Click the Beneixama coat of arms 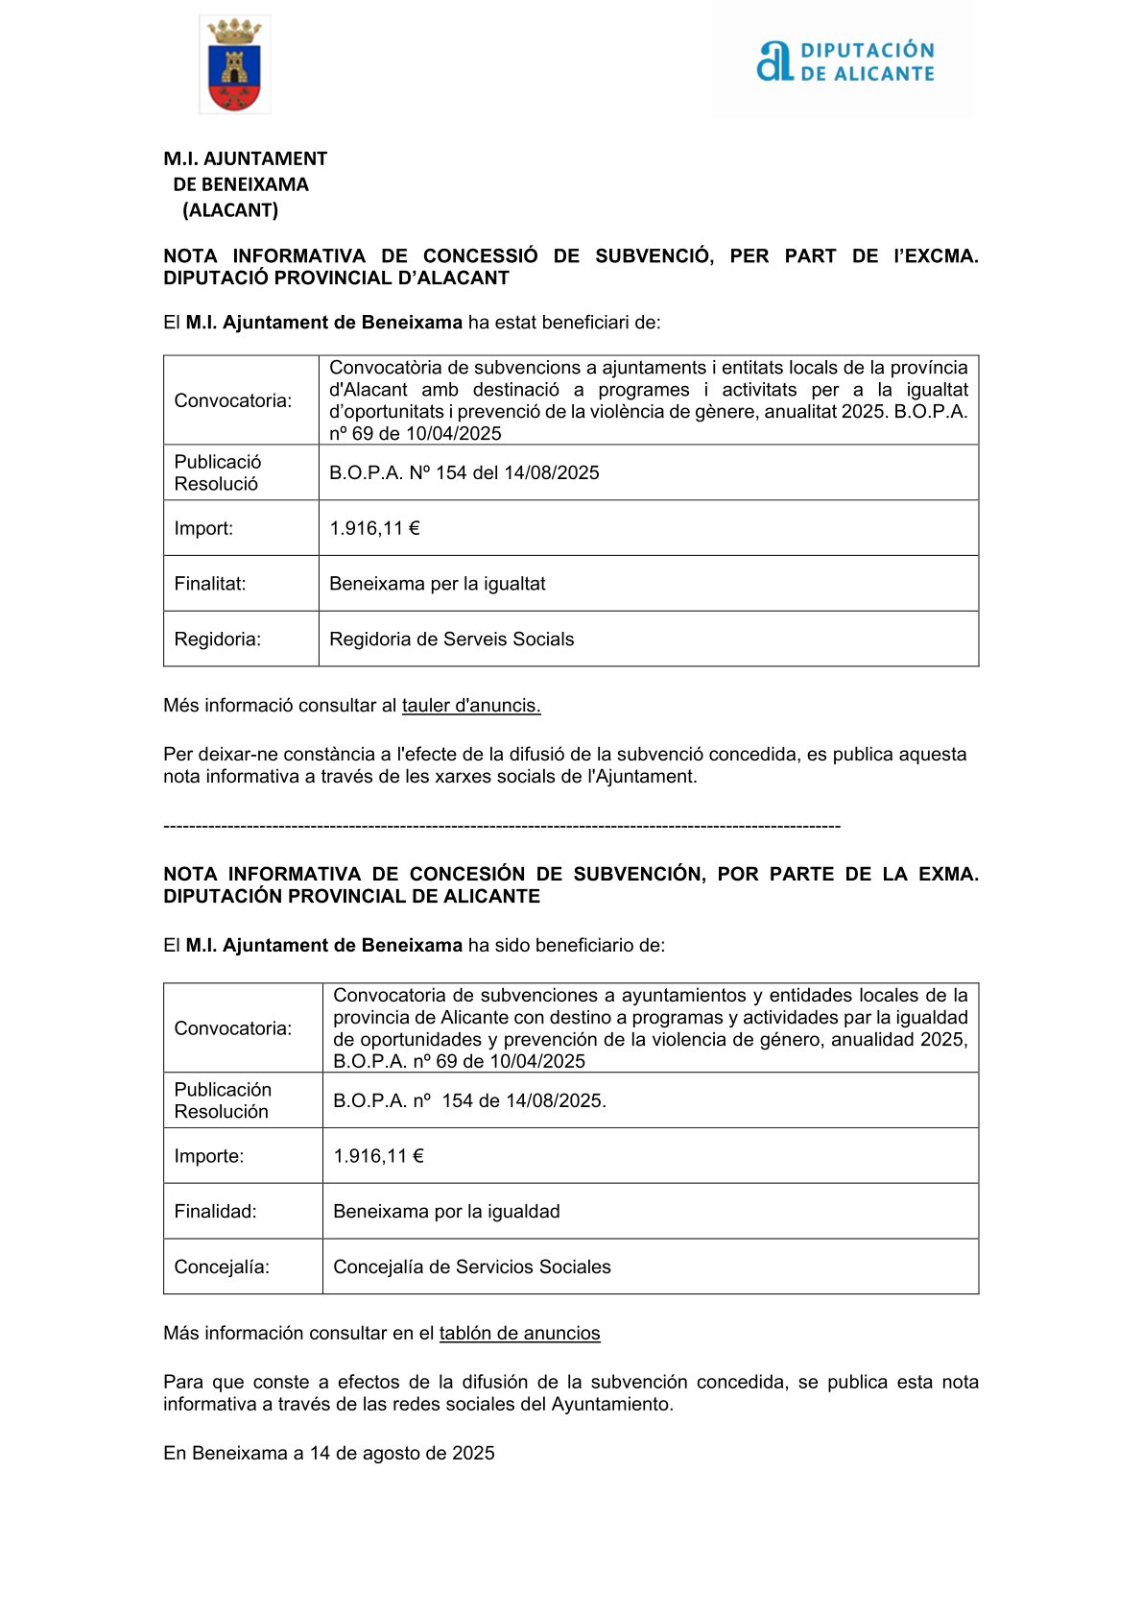click(234, 65)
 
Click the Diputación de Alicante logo click(844, 61)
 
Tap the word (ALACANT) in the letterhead click(230, 210)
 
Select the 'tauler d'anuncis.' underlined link click(471, 706)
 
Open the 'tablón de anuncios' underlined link click(519, 1334)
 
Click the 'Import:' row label click(203, 528)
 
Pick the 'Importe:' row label click(209, 1156)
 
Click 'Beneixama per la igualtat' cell click(438, 584)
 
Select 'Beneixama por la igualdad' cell click(446, 1212)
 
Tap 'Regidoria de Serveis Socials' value click(451, 640)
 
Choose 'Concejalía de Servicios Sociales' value click(471, 1267)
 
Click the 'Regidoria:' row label click(218, 640)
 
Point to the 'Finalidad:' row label click(215, 1212)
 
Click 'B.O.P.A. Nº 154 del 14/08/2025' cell click(464, 472)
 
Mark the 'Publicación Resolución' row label click(223, 1100)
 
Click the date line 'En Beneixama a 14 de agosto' click(328, 1454)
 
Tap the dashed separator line click(502, 827)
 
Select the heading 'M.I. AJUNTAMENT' click(246, 158)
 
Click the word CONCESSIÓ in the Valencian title click(480, 256)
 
